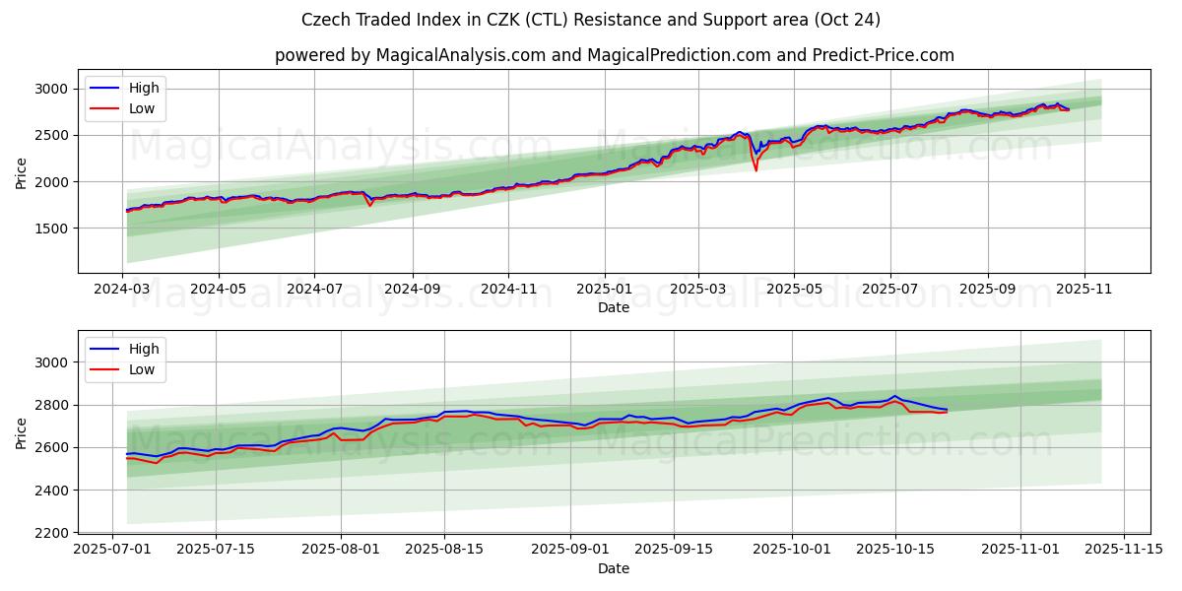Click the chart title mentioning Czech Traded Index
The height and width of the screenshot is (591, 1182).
[591, 20]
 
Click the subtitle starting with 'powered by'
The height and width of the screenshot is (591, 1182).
[615, 55]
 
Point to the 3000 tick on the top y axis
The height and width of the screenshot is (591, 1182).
[51, 89]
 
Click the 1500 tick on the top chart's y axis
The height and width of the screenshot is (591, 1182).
[51, 229]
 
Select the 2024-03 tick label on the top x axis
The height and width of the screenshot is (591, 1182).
[122, 291]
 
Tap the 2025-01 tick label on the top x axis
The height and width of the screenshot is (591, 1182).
[604, 291]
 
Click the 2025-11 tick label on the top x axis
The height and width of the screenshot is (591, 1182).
[1084, 291]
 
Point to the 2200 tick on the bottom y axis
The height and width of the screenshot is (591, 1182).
[51, 533]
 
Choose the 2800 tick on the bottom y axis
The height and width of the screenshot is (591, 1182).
[51, 405]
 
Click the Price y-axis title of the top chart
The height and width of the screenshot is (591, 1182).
[22, 172]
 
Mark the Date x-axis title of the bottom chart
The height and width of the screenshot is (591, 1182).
[614, 568]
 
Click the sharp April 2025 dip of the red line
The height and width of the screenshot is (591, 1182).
[756, 170]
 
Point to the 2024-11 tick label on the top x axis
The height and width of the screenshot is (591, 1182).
[508, 291]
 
